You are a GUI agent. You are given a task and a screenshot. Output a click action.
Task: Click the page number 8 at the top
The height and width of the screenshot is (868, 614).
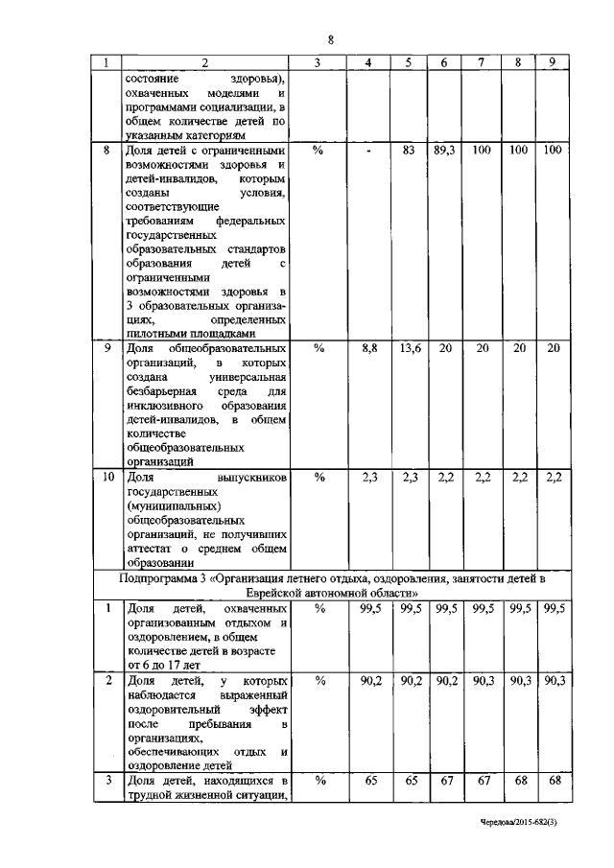click(330, 39)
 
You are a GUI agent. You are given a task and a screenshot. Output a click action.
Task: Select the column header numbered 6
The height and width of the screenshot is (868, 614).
click(443, 63)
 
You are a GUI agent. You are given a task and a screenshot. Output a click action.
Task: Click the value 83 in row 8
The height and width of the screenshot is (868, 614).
click(408, 151)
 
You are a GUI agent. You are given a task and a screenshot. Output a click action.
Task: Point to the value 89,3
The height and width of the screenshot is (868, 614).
click(443, 151)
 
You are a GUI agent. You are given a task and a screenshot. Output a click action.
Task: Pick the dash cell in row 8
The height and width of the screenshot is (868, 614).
click(368, 152)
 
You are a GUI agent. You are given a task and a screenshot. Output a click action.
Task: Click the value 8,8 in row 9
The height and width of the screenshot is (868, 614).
click(368, 349)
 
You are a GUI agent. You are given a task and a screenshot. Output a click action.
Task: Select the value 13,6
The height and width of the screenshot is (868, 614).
click(408, 349)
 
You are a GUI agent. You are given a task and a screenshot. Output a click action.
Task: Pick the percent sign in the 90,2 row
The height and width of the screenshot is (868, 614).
click(319, 680)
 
